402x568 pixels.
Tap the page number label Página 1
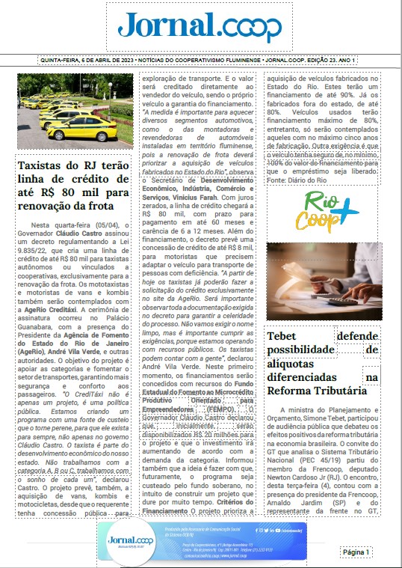coord(356,552)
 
